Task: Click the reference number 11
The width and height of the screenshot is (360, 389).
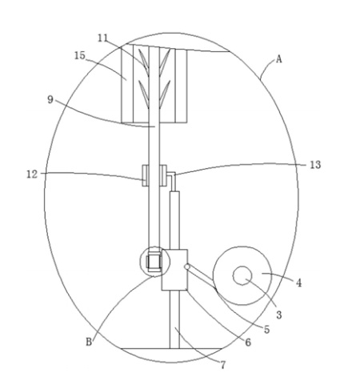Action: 102,38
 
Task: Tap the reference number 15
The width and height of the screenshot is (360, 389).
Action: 80,56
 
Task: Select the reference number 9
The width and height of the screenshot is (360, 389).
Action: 50,100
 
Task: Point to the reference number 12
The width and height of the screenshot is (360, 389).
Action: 32,174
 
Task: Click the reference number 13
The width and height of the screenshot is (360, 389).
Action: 315,165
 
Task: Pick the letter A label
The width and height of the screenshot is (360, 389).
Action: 278,59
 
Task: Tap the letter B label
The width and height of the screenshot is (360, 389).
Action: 89,342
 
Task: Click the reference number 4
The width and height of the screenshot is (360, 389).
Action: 299,283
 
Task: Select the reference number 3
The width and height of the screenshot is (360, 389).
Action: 278,315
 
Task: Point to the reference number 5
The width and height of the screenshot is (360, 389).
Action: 266,330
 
